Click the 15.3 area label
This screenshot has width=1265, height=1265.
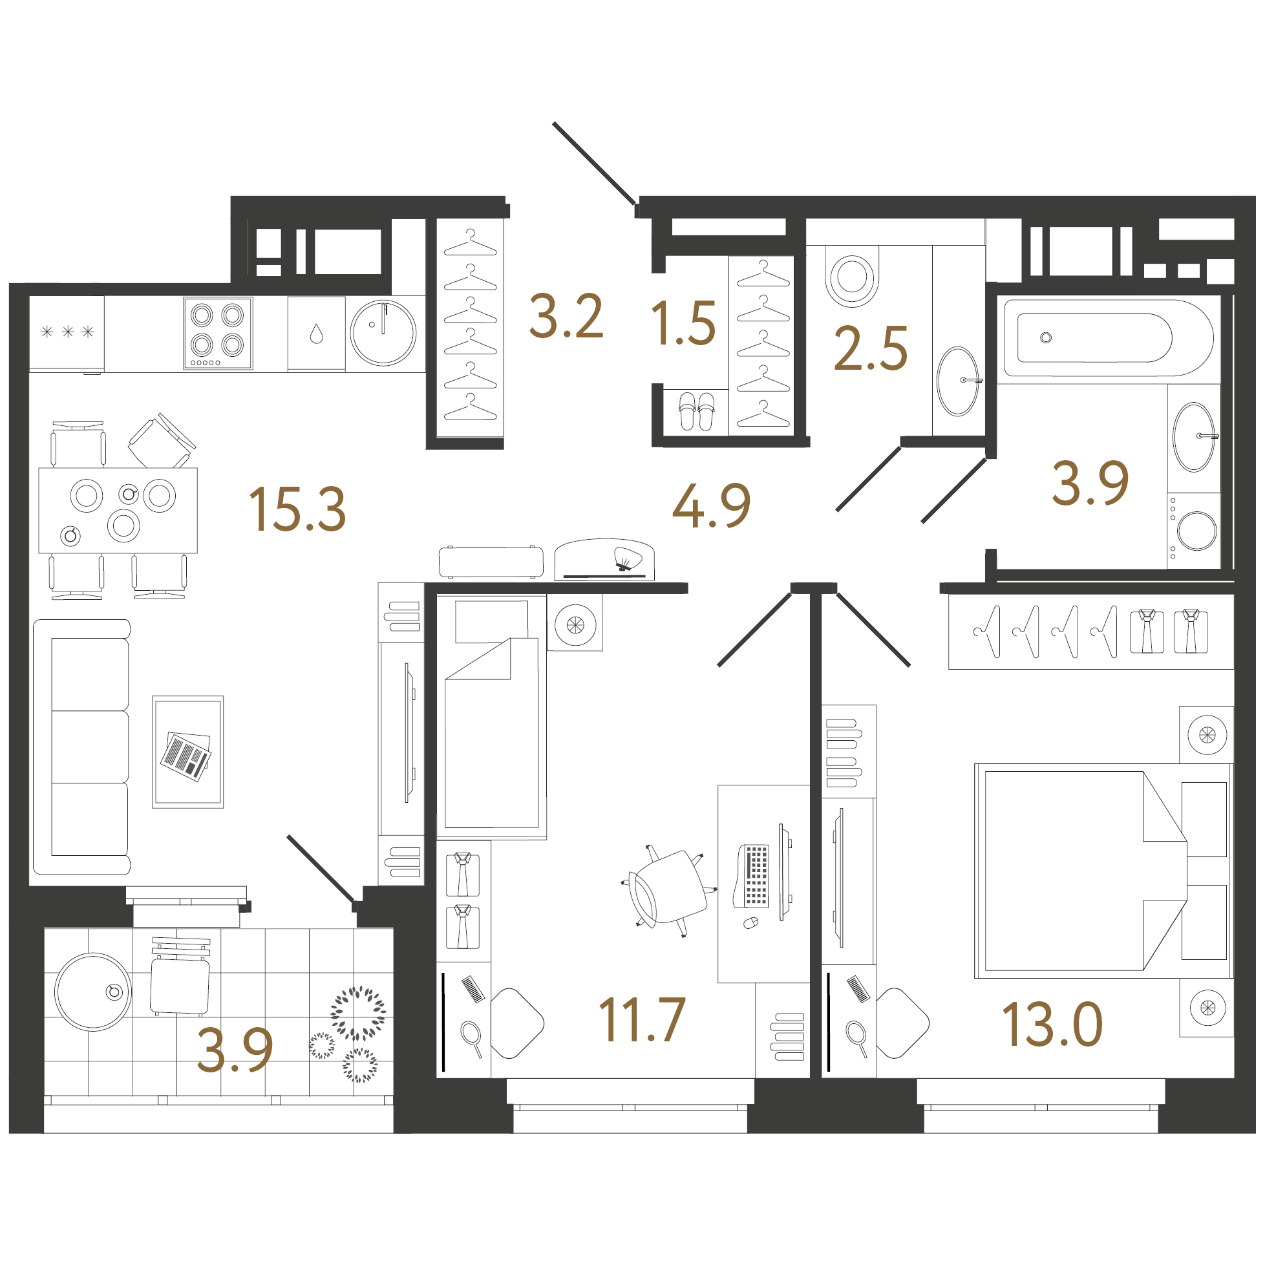point(297,509)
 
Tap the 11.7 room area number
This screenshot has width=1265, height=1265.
point(642,1019)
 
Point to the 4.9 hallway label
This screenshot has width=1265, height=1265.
point(712,505)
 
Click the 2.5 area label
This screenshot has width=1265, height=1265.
point(871,348)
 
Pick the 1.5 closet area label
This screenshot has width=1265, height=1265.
point(683,323)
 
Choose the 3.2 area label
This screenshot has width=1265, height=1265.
point(566,317)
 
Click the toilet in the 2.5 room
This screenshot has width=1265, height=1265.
point(851,276)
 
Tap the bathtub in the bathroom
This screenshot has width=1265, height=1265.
point(1109,338)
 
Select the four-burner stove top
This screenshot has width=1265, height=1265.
point(218,334)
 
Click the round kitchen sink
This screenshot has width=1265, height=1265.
point(383,333)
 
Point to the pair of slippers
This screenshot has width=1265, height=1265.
point(696,411)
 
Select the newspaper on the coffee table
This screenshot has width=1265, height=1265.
point(187,756)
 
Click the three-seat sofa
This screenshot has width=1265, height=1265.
point(82,747)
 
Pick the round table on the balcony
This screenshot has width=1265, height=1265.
point(93,992)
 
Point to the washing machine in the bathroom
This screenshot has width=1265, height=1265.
point(1194,530)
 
